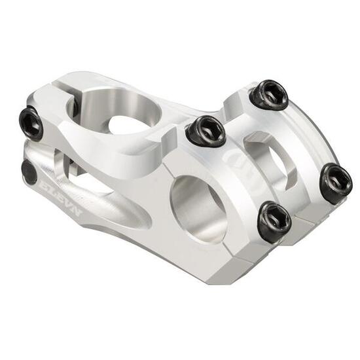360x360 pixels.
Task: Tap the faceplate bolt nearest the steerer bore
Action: (206, 130)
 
